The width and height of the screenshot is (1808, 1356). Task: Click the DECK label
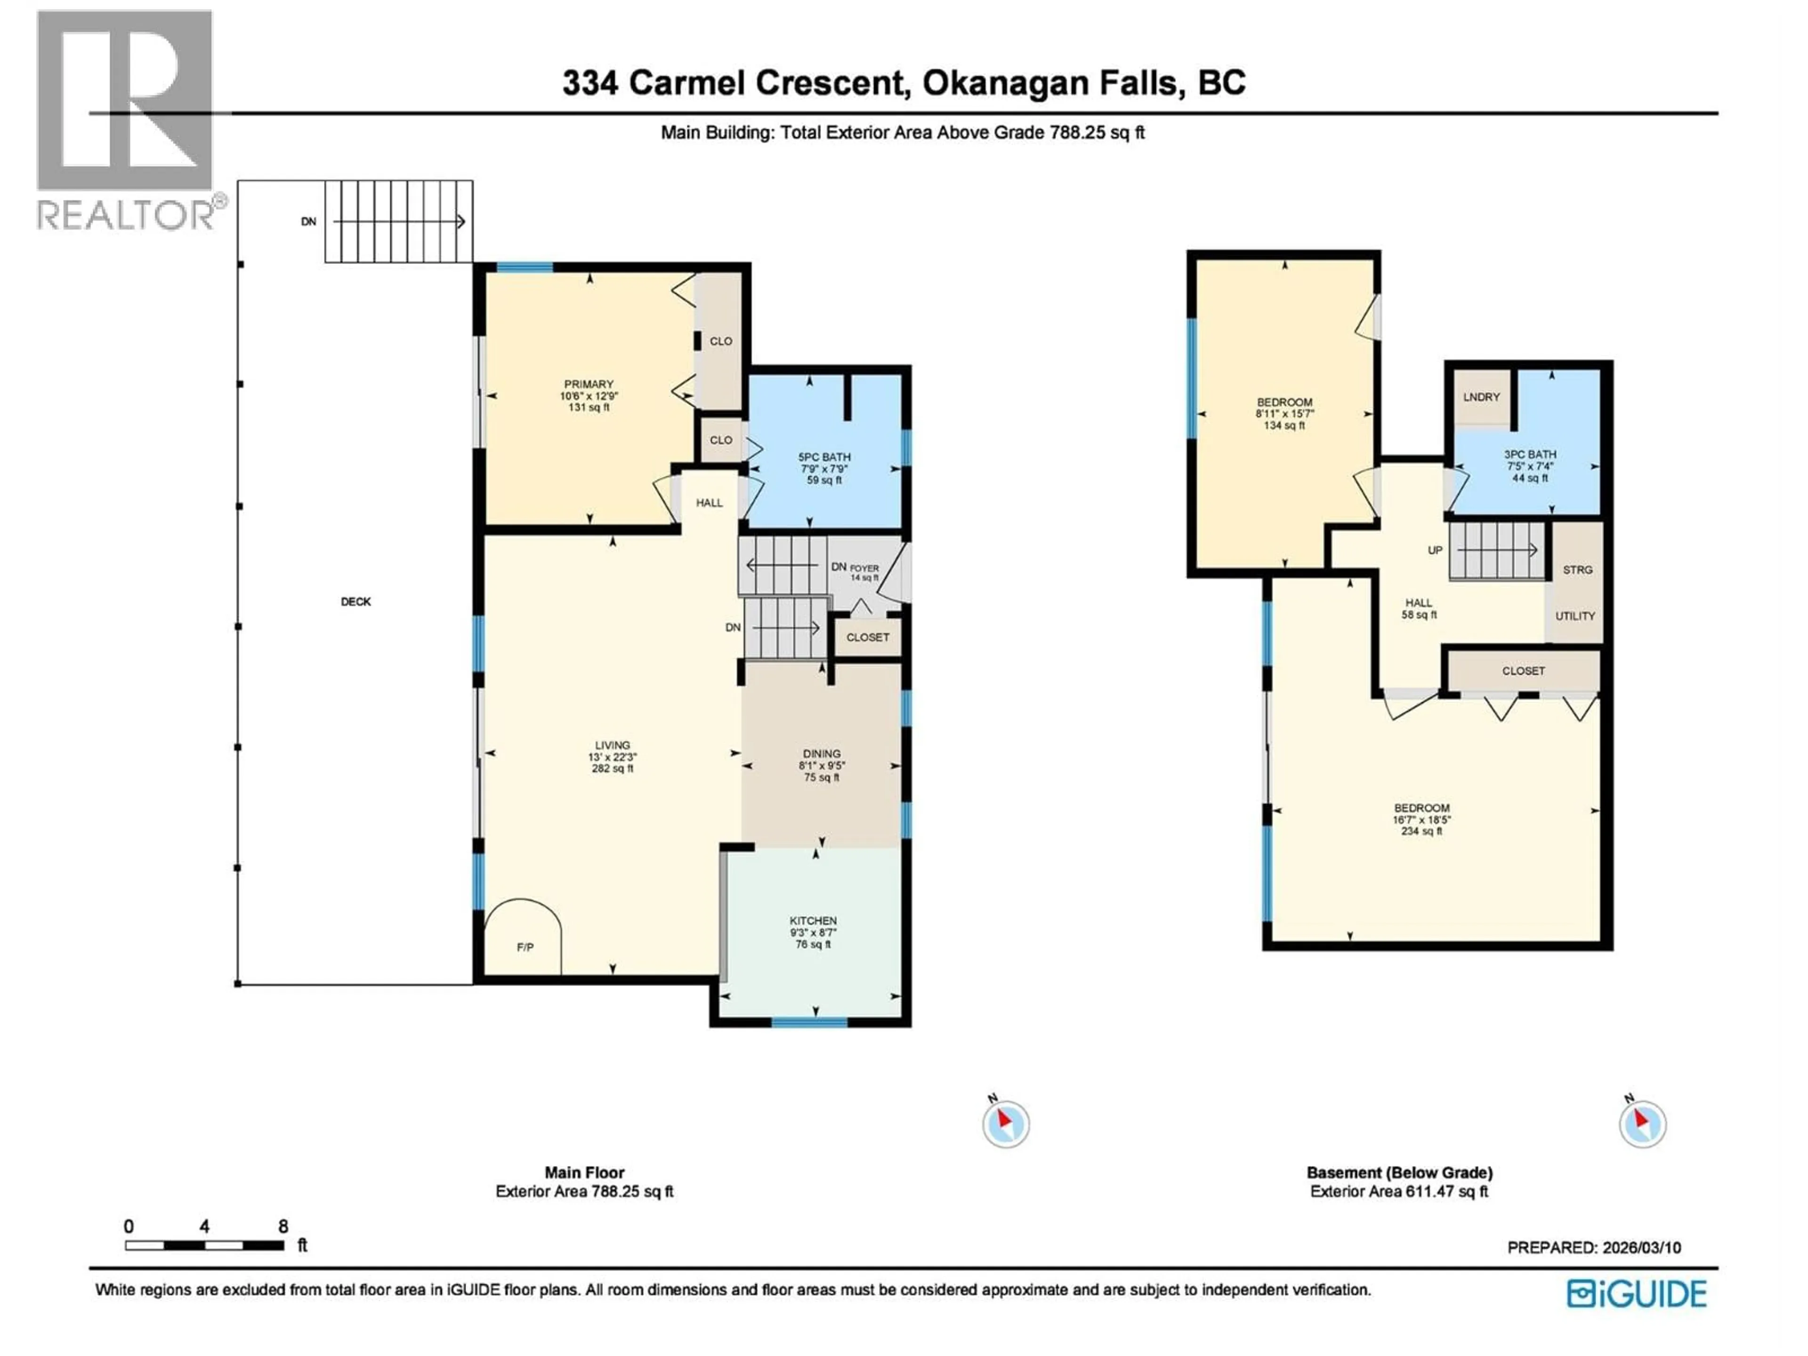click(x=355, y=602)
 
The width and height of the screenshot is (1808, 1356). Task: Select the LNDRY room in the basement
click(x=1481, y=397)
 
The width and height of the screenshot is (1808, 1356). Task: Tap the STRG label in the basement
click(x=1577, y=570)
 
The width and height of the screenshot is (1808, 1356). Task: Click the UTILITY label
click(x=1574, y=616)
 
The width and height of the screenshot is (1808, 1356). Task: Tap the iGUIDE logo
click(x=1636, y=1294)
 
